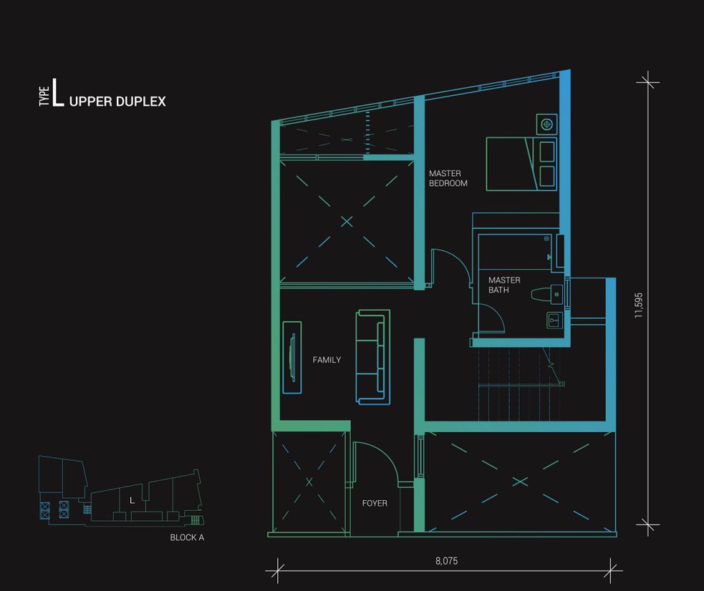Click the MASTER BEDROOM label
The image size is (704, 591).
tap(448, 178)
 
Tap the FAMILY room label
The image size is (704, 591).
tap(327, 360)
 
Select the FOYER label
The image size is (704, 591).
tap(375, 503)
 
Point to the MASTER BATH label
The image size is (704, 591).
tap(504, 285)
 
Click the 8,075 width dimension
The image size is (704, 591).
tap(447, 560)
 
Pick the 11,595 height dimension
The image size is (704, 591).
tap(638, 306)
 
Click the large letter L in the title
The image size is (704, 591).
tap(57, 93)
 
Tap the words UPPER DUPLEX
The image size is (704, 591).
tap(117, 102)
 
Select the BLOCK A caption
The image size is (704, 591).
tap(187, 537)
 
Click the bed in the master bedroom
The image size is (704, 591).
tap(521, 164)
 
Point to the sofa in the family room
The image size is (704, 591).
tap(372, 357)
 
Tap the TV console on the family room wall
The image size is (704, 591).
tap(291, 357)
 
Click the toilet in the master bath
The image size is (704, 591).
tap(546, 294)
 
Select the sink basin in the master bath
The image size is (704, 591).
tap(554, 320)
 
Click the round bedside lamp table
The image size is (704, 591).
tap(546, 124)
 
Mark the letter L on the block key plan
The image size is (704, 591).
tap(132, 500)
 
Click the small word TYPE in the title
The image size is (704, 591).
tap(44, 97)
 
